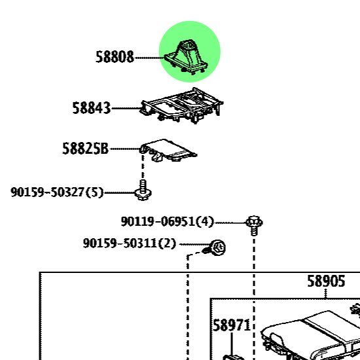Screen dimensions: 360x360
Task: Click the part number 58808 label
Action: point(115,57)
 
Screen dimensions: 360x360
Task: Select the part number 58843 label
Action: point(92,108)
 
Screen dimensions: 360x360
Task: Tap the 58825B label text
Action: point(85,149)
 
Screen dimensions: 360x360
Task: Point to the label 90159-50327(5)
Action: point(57,192)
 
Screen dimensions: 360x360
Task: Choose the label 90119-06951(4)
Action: point(168,222)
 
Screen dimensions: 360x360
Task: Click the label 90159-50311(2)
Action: point(130,243)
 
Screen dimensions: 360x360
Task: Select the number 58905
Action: point(326,281)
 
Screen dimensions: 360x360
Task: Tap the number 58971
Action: point(232,325)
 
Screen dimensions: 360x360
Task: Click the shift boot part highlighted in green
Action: point(186,57)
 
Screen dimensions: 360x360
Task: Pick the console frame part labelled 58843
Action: point(181,105)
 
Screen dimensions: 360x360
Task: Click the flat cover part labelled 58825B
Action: point(168,151)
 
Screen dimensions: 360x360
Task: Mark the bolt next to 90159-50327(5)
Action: point(143,190)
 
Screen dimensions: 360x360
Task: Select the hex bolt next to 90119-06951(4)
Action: point(254,225)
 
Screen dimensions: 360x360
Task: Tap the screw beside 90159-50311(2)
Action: point(215,248)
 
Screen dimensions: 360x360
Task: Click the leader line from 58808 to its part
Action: point(149,58)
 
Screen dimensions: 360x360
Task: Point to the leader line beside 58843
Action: point(126,108)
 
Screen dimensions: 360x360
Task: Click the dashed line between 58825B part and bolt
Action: point(143,166)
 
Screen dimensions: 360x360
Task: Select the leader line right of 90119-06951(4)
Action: point(230,223)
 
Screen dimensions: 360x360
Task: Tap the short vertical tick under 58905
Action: point(325,294)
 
